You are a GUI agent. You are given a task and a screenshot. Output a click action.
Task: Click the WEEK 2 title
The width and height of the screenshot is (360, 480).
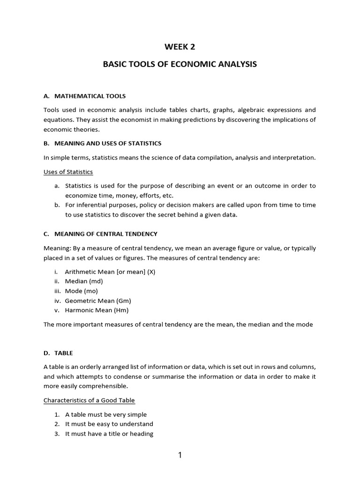click(180, 47)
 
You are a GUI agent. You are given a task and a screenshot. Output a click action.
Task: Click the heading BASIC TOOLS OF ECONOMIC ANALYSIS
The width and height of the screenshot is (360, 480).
click(180, 64)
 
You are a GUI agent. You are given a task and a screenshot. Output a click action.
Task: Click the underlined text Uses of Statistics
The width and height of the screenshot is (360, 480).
click(68, 172)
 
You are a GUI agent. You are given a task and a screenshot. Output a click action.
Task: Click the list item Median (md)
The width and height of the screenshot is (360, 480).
click(84, 281)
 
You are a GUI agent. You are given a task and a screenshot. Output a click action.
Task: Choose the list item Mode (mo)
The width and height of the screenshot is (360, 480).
click(82, 291)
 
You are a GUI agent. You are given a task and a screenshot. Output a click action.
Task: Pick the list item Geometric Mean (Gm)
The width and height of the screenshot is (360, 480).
click(95, 300)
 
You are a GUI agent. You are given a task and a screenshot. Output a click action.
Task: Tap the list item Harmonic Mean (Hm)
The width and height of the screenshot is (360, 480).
click(97, 310)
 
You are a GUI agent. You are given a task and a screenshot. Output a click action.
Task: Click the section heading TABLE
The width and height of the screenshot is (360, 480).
click(64, 352)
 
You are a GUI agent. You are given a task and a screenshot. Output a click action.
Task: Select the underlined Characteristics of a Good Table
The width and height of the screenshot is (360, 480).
click(89, 400)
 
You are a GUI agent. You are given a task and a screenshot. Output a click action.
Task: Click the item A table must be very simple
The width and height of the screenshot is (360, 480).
click(106, 414)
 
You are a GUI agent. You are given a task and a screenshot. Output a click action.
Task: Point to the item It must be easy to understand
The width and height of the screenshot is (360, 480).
click(109, 424)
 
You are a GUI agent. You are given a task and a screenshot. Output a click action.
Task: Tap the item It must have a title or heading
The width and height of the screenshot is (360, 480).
click(109, 434)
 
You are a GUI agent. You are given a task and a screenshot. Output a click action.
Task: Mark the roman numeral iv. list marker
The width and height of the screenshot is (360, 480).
click(57, 300)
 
